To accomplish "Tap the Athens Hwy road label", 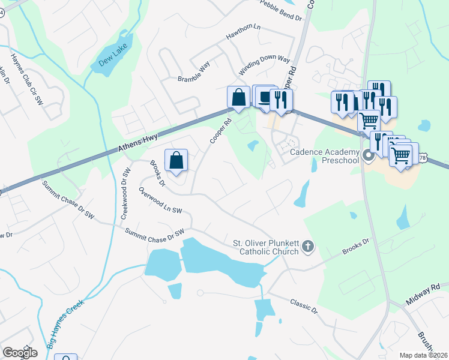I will point(139,142).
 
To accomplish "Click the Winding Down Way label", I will point(264,66).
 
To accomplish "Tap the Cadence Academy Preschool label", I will point(325,156).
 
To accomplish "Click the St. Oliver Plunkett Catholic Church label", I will point(265,247).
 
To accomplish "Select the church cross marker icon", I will point(308,246).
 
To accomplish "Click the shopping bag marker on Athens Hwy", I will point(238,97).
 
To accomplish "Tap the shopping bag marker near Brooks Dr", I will point(176,160).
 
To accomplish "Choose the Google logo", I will point(20,353).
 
